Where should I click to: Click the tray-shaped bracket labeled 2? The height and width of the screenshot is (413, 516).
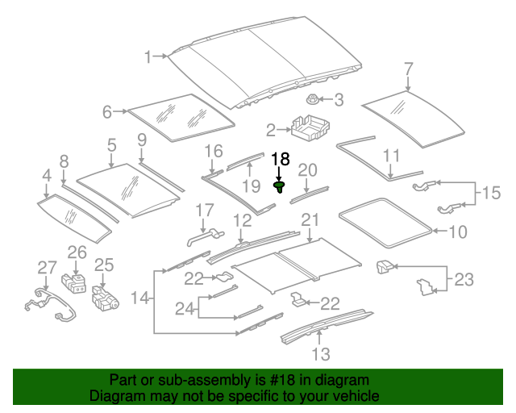306,128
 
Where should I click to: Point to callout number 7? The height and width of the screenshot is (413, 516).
408,68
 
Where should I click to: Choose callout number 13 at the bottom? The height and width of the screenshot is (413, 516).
320,353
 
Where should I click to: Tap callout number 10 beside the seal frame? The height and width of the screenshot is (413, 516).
456,232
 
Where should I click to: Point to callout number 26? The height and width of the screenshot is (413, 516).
76,252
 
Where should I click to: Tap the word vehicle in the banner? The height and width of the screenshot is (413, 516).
355,397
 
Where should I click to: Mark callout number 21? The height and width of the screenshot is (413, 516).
310,220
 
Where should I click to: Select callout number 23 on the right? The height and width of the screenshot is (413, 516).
464,280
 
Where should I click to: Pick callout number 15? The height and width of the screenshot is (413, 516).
490,193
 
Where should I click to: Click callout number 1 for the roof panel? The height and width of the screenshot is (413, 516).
148,56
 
